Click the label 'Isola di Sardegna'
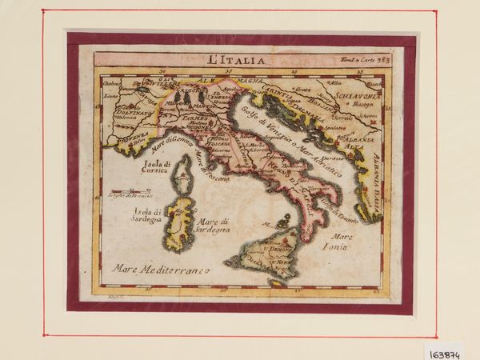[147, 212]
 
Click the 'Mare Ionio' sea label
[343, 242]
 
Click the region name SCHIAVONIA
[359, 97]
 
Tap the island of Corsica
[185, 172]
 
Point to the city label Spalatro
[334, 126]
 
